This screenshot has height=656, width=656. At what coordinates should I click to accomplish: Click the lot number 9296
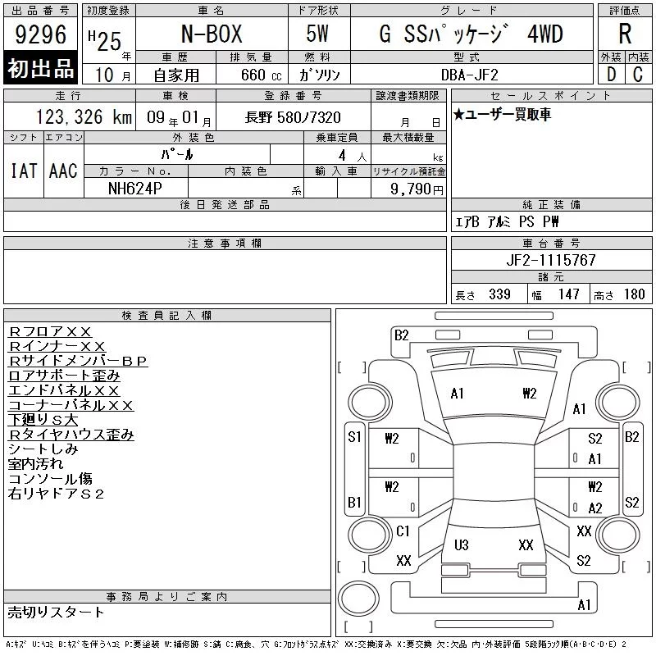click(x=40, y=34)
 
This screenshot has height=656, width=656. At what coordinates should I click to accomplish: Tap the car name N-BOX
click(x=212, y=34)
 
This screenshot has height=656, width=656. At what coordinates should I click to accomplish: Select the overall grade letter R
click(x=625, y=34)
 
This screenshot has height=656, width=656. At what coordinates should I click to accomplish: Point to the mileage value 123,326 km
click(x=84, y=117)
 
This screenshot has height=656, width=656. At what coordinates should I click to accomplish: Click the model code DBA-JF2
click(x=470, y=75)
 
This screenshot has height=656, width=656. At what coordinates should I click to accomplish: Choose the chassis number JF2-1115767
click(x=551, y=260)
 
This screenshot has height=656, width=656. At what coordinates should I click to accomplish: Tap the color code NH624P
click(x=134, y=189)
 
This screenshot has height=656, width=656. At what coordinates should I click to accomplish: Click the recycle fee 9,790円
click(x=417, y=189)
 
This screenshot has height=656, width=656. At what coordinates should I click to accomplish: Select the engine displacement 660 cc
click(x=261, y=75)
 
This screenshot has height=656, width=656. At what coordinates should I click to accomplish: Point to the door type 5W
click(x=317, y=34)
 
